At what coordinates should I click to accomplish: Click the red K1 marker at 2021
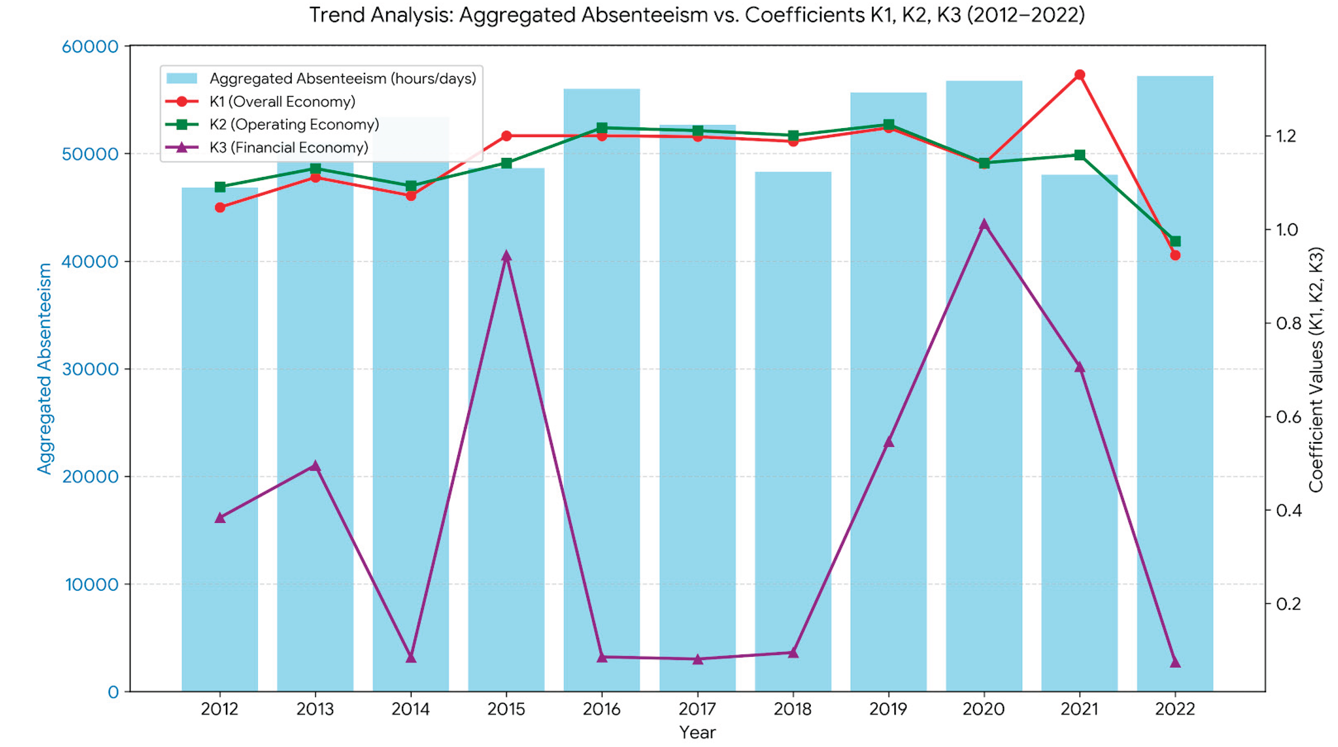pos(1079,75)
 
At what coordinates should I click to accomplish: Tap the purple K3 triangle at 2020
pos(984,225)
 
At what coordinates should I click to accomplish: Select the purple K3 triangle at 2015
pos(506,256)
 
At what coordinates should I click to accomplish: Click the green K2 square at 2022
pos(1175,242)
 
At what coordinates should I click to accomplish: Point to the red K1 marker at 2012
pos(220,208)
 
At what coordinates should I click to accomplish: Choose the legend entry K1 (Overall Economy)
pos(282,102)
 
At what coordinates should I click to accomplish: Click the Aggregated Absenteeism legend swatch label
pos(342,79)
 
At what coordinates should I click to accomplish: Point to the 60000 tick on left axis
pos(91,47)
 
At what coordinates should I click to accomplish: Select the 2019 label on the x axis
pos(888,709)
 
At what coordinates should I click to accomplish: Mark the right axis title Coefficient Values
pos(1315,370)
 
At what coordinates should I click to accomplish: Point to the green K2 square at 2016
pos(602,128)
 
